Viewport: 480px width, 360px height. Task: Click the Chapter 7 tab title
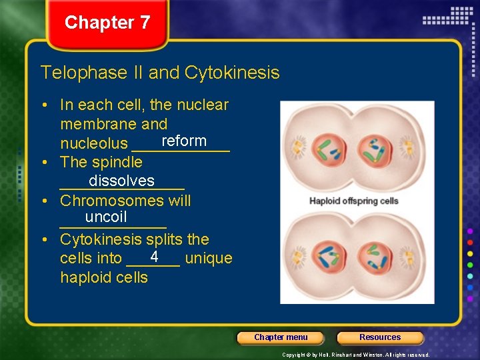(x=107, y=23)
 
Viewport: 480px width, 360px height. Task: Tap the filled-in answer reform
(x=184, y=141)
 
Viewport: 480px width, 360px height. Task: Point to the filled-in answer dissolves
(x=121, y=181)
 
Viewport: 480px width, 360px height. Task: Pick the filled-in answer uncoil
(x=106, y=217)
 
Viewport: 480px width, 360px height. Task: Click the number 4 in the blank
(x=154, y=257)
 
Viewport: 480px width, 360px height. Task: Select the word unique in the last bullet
(x=209, y=258)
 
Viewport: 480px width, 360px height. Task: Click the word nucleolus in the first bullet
(x=94, y=143)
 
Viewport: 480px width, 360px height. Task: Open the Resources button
(x=380, y=337)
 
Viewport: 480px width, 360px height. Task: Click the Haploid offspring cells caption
(x=353, y=201)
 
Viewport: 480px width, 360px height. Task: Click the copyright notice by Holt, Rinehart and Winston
(x=355, y=355)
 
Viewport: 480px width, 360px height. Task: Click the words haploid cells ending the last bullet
(x=104, y=277)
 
